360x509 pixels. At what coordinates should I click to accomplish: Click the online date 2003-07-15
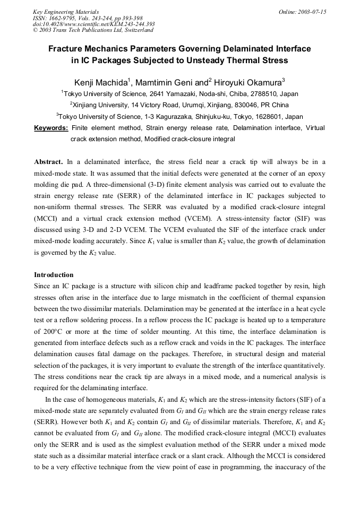point(313,12)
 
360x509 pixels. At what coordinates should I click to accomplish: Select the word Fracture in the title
point(66,49)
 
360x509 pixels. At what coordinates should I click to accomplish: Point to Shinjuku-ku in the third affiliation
point(223,116)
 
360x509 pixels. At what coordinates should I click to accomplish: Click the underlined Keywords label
point(51,128)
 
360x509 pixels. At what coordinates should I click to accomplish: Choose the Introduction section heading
point(54,275)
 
